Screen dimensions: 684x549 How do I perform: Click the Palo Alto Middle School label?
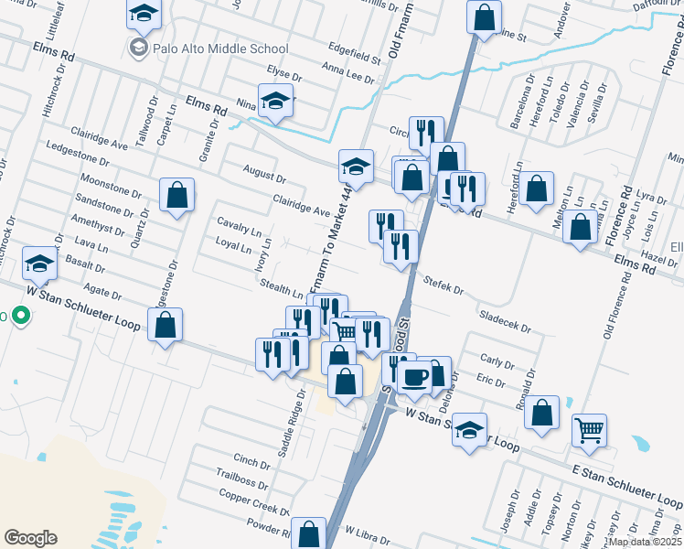click(221, 48)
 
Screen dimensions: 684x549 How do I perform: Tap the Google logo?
click(30, 538)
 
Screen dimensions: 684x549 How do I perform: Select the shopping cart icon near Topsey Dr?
click(589, 429)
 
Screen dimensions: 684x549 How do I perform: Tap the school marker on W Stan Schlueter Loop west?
click(39, 264)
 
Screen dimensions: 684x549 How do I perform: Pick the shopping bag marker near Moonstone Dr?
click(176, 194)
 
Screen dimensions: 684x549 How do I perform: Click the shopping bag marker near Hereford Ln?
click(538, 188)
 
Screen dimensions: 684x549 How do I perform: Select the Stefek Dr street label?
click(443, 288)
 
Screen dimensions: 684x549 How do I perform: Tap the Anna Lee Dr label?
click(348, 72)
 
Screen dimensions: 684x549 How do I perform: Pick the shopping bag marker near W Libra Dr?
click(310, 533)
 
